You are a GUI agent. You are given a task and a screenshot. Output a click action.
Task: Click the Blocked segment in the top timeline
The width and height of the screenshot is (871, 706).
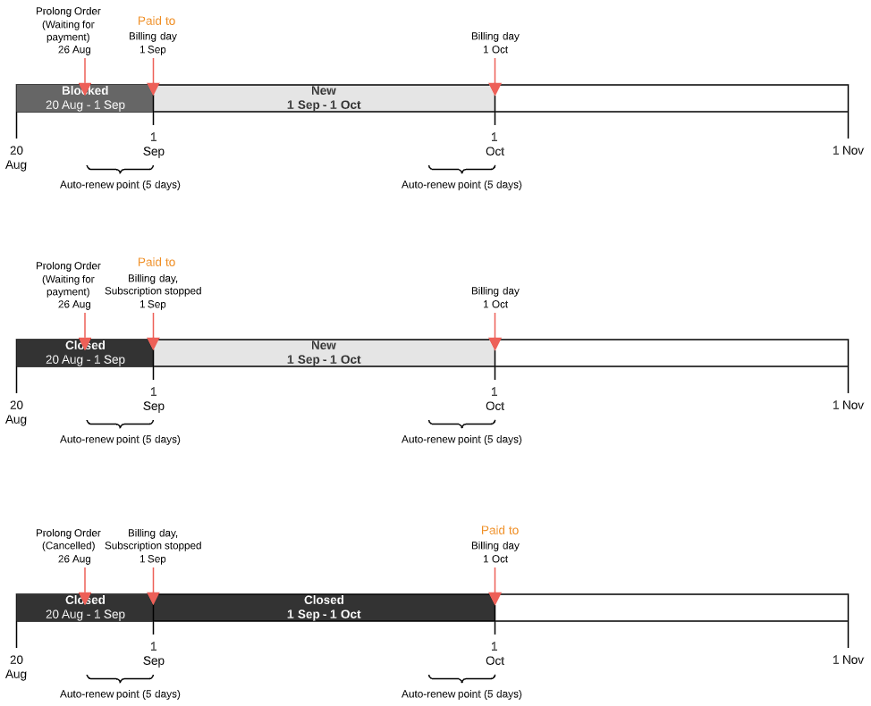point(85,98)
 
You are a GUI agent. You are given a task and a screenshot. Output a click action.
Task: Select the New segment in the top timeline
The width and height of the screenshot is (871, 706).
point(324,98)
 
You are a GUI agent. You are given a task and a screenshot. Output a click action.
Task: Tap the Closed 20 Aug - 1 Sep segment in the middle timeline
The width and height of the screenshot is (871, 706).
point(85,353)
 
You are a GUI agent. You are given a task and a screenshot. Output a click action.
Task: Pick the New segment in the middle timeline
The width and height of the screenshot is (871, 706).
point(324,353)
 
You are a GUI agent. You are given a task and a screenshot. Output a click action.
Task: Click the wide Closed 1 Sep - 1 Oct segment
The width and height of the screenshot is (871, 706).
point(324,608)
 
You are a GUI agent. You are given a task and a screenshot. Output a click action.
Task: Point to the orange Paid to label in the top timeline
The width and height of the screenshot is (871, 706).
point(156,21)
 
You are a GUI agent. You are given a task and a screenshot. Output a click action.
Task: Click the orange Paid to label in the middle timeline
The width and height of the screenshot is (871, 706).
point(156,262)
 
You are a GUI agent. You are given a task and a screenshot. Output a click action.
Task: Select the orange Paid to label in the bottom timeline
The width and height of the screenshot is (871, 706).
point(499,530)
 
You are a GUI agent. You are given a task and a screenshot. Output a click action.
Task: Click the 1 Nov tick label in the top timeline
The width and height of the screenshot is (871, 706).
point(848,150)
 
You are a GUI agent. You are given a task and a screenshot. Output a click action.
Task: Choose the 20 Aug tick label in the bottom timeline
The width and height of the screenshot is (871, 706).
point(16,667)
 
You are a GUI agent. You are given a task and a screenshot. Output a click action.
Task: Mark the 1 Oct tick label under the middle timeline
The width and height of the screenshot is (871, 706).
point(495,399)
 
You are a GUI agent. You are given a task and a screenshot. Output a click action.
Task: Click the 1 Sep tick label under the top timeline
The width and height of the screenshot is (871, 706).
point(153,144)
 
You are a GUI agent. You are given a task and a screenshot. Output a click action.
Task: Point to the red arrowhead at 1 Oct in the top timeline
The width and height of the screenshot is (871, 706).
point(495,88)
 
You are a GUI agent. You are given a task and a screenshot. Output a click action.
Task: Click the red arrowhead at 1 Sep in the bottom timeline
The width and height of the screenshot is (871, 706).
point(153,598)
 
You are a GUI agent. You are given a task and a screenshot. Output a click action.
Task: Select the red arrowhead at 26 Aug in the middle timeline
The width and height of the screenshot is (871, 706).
point(84,343)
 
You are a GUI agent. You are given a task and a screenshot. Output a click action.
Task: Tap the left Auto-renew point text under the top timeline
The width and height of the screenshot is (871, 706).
point(120,185)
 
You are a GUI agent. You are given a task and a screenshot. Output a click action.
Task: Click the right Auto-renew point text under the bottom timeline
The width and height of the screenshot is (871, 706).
point(461,694)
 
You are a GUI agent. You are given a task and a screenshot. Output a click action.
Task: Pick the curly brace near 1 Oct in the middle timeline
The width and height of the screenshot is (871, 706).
point(461,423)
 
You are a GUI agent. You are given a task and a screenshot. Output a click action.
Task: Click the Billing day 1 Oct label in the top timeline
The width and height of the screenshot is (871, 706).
point(495,43)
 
